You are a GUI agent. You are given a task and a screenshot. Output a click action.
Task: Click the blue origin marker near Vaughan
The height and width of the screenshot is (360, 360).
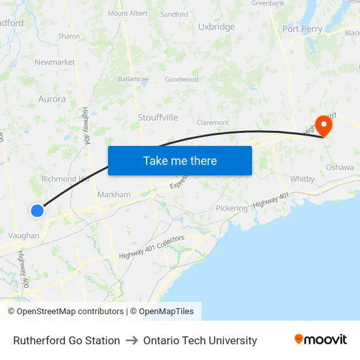click(37, 210)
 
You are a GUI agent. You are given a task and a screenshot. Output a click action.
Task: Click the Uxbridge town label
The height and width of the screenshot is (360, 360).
click(217, 27)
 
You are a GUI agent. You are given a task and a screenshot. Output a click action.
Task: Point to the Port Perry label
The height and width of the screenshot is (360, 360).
click(302, 29)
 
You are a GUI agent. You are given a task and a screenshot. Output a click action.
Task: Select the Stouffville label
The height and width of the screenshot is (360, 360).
click(158, 117)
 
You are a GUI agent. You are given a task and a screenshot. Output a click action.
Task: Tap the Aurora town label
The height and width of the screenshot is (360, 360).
click(52, 99)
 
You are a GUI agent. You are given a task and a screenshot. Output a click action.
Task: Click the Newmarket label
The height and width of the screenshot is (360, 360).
click(55, 62)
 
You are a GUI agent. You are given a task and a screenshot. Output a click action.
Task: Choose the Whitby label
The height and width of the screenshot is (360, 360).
click(302, 179)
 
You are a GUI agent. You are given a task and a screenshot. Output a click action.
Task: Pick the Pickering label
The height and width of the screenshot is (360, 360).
click(232, 208)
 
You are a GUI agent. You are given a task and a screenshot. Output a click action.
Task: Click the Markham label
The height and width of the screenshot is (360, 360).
click(114, 194)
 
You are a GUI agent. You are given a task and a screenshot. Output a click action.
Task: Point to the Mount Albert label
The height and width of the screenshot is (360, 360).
click(128, 13)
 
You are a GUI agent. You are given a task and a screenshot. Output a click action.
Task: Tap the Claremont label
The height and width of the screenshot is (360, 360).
click(213, 122)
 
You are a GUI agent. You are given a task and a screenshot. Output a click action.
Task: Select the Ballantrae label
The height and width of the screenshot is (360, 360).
click(133, 79)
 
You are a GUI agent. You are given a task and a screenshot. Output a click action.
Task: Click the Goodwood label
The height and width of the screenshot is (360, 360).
click(181, 79)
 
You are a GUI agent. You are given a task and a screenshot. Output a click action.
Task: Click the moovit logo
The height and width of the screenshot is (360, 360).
click(320, 340)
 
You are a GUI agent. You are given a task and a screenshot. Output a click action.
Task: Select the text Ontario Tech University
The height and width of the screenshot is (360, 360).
click(200, 340)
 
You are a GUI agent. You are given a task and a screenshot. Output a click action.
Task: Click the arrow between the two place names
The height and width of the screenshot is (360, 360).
click(132, 340)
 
